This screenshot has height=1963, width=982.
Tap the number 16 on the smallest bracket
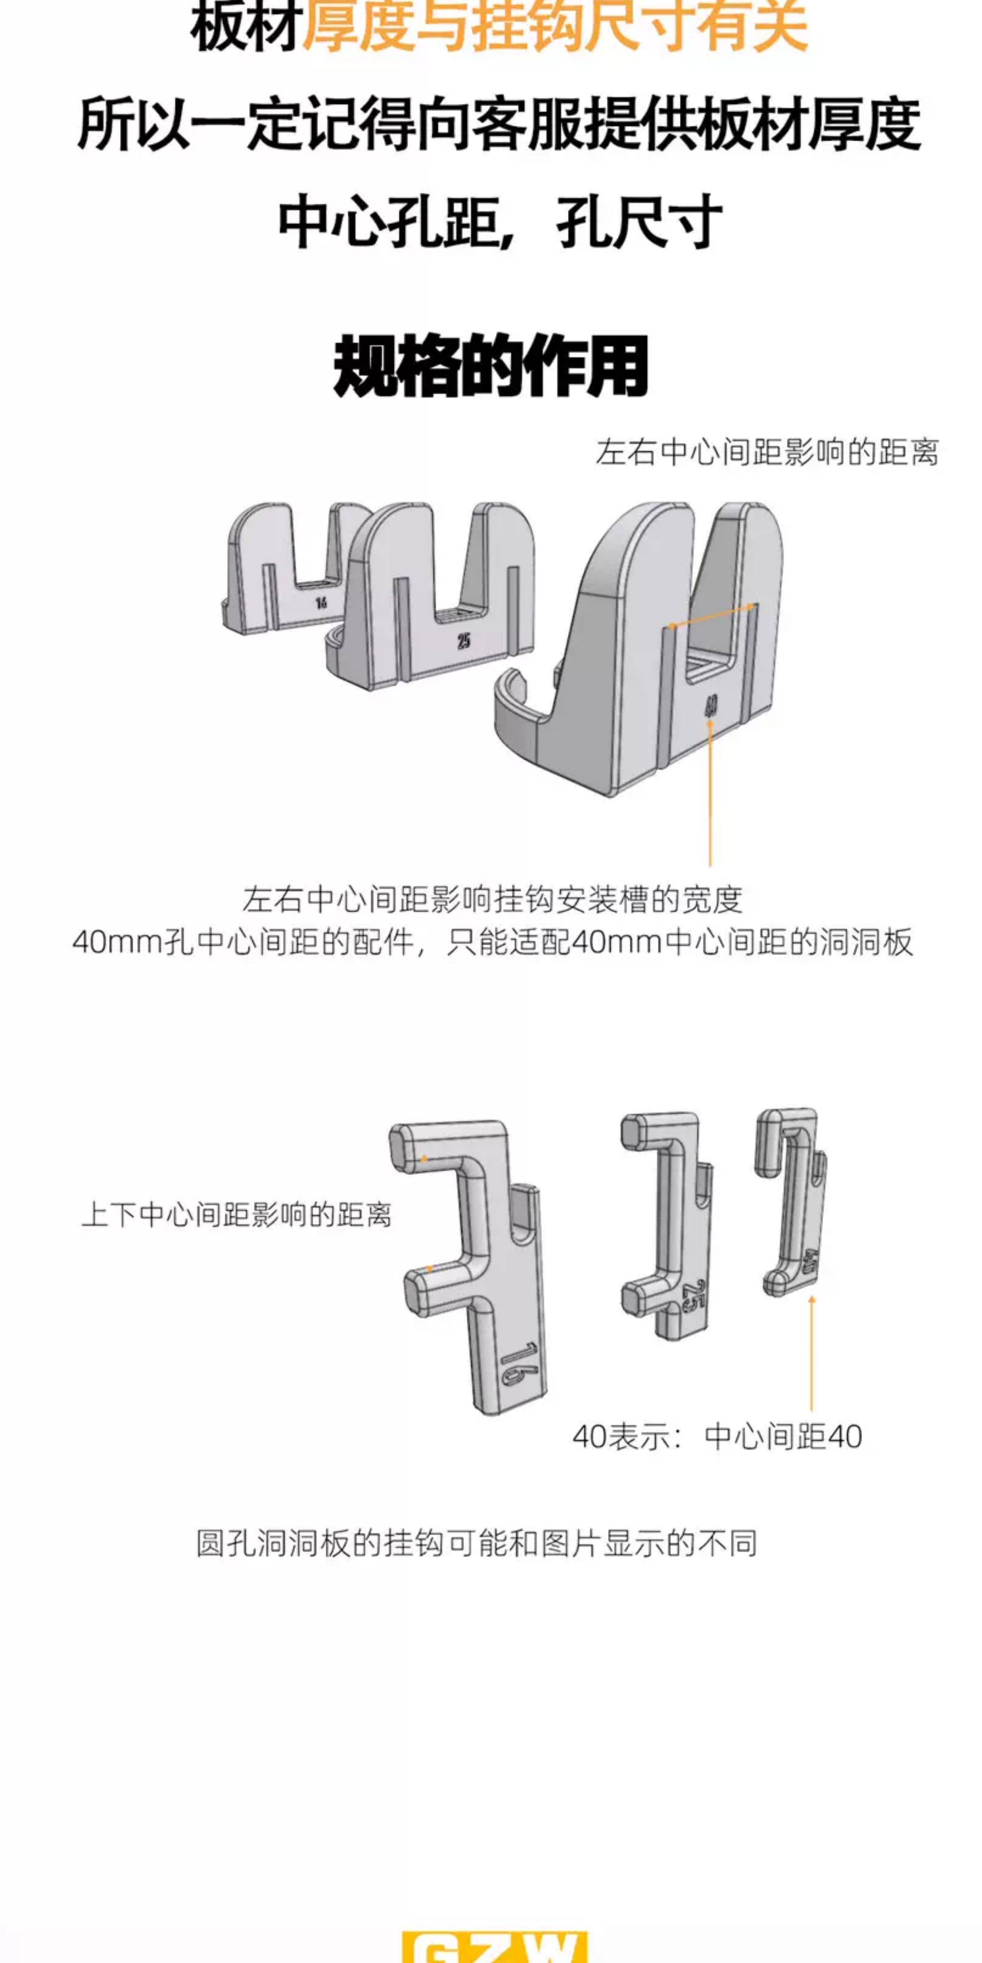(x=321, y=603)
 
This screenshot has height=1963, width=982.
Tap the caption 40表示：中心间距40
(x=717, y=1437)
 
